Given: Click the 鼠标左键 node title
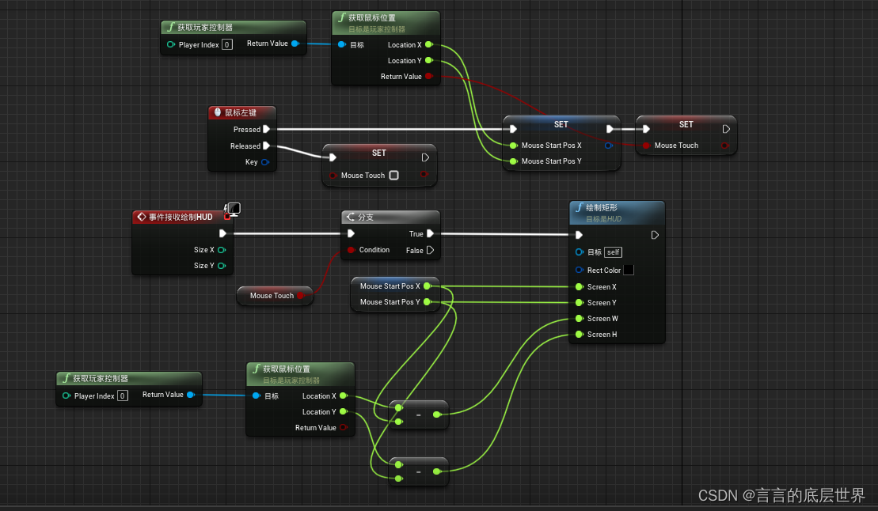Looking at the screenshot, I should tap(240, 113).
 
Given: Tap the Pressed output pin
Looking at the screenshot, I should tap(267, 129).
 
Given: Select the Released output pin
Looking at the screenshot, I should tap(267, 146).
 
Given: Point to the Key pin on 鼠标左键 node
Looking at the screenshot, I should tap(265, 162).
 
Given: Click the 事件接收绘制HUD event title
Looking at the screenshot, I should tap(181, 217).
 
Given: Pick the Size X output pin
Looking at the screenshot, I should tap(222, 250).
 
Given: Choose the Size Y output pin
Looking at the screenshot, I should tap(222, 266).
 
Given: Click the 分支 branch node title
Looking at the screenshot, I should tap(366, 217).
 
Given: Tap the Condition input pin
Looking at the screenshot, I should tap(351, 250).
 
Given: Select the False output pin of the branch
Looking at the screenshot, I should tap(430, 250).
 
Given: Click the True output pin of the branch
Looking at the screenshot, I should tap(430, 234).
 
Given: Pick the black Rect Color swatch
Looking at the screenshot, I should tap(629, 270).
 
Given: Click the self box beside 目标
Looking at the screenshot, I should tap(613, 252).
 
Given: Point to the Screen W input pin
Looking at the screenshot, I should tap(580, 319).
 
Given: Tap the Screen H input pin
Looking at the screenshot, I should tap(580, 335).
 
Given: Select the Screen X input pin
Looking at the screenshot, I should tap(580, 287).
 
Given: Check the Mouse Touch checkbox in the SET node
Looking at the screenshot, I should tap(393, 176).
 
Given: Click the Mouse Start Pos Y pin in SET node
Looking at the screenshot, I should tap(514, 161).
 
